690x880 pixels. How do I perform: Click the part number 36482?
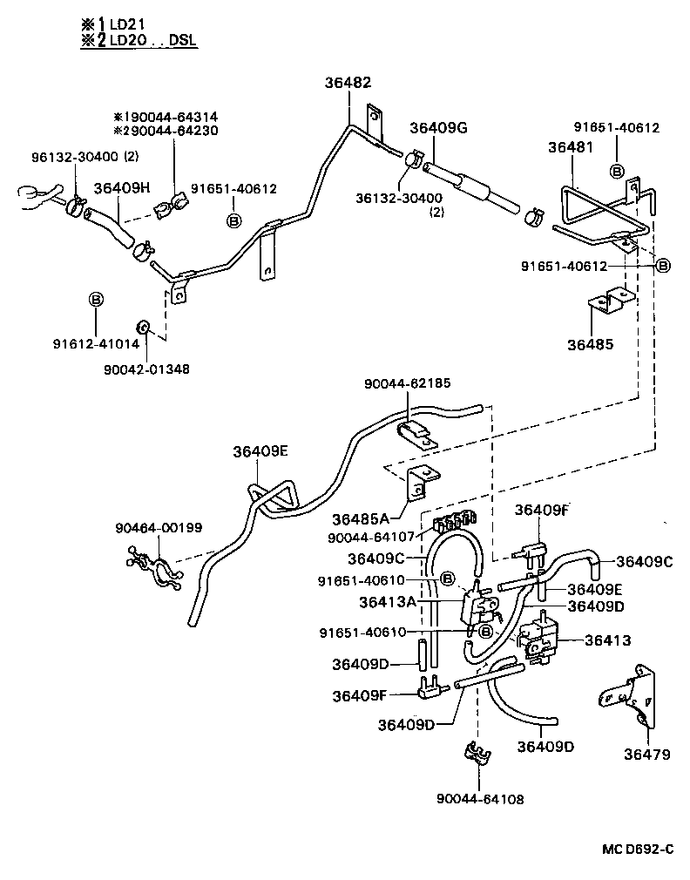(x=347, y=83)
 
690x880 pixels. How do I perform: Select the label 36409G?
(x=438, y=128)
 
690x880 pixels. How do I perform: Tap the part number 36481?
(x=571, y=147)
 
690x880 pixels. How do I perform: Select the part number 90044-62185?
(x=407, y=382)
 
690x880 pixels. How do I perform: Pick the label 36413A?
(x=387, y=601)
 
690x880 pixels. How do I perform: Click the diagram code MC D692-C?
(x=636, y=850)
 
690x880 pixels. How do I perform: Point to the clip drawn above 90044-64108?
(x=476, y=755)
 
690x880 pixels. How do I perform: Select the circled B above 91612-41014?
(x=97, y=300)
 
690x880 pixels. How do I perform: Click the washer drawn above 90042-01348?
(x=145, y=328)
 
